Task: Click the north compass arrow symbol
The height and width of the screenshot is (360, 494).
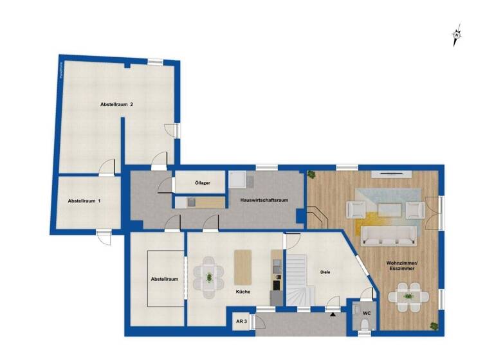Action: pos(457,35)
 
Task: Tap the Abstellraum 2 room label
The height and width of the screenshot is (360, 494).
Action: pos(116,104)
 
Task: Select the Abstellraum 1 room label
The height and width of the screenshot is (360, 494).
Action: pos(84,201)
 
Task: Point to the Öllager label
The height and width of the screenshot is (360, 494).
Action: pos(203,183)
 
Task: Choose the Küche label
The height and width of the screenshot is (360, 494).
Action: pos(242,292)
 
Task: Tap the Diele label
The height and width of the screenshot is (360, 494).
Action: pos(325,273)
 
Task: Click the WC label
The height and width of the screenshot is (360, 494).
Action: pos(367,313)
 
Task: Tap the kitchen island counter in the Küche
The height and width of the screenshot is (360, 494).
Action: pos(242,266)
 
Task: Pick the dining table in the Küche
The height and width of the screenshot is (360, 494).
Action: pos(208,277)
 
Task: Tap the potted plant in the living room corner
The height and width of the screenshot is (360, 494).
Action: pos(312,174)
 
